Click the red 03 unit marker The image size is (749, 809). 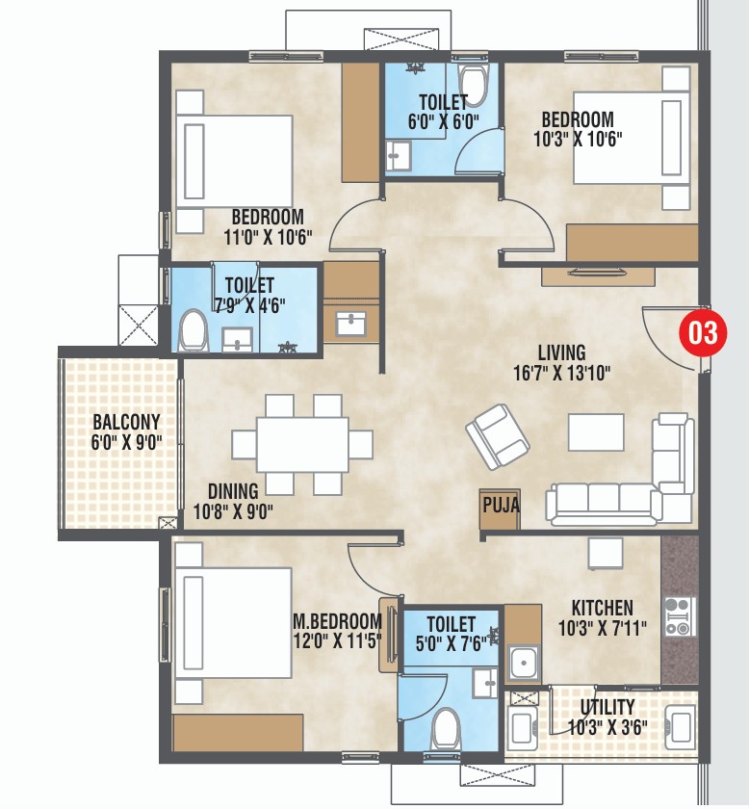click(x=702, y=334)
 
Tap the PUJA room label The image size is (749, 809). click(x=500, y=505)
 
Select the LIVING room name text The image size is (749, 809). click(x=562, y=353)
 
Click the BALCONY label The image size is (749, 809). click(x=126, y=422)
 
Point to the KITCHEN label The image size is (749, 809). click(x=602, y=608)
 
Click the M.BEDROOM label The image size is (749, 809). click(x=338, y=620)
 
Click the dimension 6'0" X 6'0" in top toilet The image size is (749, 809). click(x=443, y=120)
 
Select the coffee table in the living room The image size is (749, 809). click(x=596, y=431)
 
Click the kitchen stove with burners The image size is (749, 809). click(x=678, y=615)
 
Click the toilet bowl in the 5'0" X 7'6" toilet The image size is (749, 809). click(x=446, y=729)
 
